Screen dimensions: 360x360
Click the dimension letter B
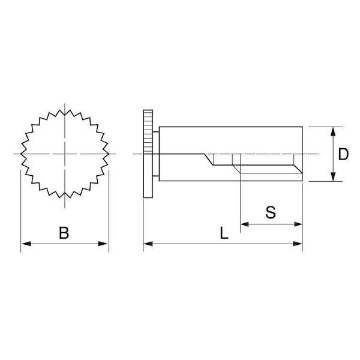(x=64, y=233)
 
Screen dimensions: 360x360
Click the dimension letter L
(x=224, y=233)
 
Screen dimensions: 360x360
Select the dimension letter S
(x=271, y=212)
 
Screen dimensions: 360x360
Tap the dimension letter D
(x=343, y=154)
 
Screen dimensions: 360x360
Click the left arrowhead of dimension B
(x=25, y=244)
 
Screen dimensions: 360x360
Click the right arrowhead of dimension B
(x=103, y=244)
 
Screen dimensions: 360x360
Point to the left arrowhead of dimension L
(x=148, y=244)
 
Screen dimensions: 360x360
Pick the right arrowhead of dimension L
(x=298, y=244)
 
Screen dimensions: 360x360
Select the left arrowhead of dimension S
(x=245, y=224)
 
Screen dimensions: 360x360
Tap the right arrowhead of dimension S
(x=298, y=224)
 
